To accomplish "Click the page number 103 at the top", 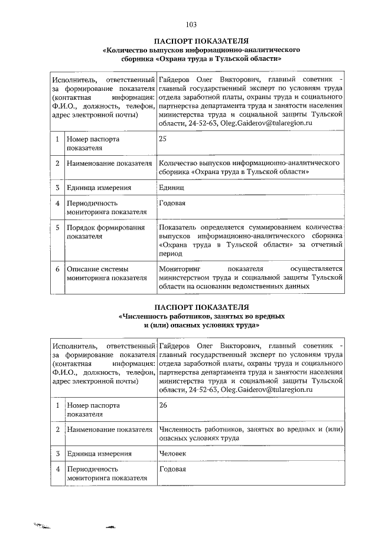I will [x=191, y=24].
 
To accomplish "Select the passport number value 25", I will [x=163, y=139].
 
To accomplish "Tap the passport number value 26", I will [x=163, y=405].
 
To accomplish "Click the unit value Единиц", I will [x=172, y=188].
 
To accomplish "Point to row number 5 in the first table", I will [x=57, y=227].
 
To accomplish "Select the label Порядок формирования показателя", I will [x=97, y=231].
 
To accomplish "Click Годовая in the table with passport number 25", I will [x=172, y=203].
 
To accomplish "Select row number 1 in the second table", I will [x=57, y=405].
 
